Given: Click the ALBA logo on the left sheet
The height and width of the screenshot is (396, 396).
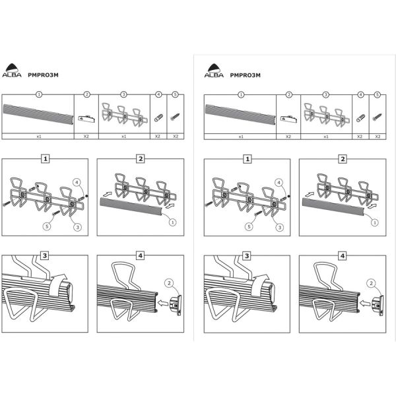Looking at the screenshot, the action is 12,70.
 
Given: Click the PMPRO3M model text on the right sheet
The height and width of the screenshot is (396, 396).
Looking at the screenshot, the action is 245,75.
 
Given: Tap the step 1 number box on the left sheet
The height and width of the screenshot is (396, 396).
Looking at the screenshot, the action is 45,159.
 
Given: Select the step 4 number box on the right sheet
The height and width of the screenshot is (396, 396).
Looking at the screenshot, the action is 343,256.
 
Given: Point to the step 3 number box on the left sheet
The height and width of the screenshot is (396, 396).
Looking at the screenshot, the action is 45,255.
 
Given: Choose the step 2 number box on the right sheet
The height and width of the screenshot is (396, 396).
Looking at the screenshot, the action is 343,159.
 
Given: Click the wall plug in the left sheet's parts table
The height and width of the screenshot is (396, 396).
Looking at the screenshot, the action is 158,118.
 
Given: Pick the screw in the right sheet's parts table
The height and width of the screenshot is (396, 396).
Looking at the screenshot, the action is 378,117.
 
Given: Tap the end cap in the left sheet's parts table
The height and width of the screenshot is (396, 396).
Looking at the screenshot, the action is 86,118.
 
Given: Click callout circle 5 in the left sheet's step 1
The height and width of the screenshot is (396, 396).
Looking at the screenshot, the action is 47,226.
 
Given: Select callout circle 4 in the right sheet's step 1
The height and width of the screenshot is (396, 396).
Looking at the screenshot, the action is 279,182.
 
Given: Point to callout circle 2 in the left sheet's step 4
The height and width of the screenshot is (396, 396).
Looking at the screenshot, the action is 169,283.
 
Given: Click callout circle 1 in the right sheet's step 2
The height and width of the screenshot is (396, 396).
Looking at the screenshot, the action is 374,222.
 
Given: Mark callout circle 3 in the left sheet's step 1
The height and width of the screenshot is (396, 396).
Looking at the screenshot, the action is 77,227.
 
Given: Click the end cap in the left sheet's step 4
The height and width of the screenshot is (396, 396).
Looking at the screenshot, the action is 176,305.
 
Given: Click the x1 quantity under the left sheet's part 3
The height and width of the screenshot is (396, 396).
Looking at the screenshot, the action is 123,137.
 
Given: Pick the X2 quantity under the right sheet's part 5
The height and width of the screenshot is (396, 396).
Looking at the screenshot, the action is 378,137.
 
